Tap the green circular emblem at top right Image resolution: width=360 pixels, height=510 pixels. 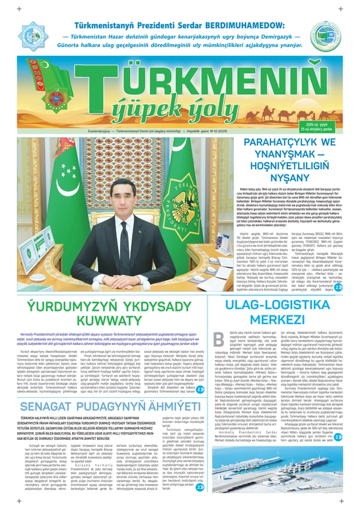tap(325, 36)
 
